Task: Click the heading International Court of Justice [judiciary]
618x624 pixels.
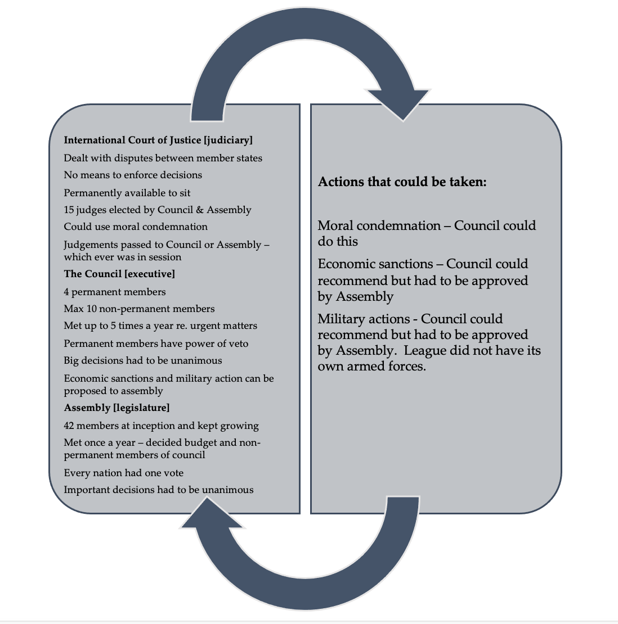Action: click(x=158, y=140)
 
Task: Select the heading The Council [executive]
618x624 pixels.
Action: click(x=119, y=274)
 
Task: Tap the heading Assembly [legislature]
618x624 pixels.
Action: click(x=117, y=408)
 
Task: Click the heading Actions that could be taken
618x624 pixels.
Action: click(x=402, y=182)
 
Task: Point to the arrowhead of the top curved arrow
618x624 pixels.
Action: click(x=402, y=104)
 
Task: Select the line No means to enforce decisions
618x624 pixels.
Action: click(x=133, y=175)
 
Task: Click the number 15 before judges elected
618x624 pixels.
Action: click(x=69, y=210)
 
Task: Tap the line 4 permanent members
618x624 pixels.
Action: click(x=115, y=292)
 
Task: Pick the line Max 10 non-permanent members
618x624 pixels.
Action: click(x=139, y=309)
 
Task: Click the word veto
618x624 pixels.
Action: click(x=236, y=343)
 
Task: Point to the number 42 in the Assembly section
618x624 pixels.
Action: click(x=69, y=426)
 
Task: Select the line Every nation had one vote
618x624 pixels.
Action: click(x=123, y=473)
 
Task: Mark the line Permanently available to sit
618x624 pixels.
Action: click(x=127, y=193)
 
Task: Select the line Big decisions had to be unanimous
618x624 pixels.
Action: click(x=143, y=360)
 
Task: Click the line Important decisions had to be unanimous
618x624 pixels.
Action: click(x=159, y=490)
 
